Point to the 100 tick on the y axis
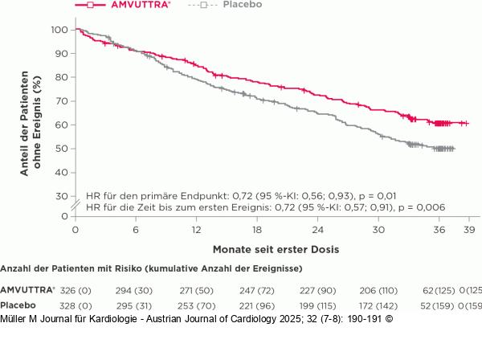(x=58, y=30)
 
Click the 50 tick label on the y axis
(x=61, y=149)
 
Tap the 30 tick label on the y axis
(x=61, y=196)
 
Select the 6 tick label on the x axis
(x=135, y=230)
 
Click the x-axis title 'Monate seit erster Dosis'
(x=270, y=250)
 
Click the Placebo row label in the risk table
(x=18, y=305)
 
